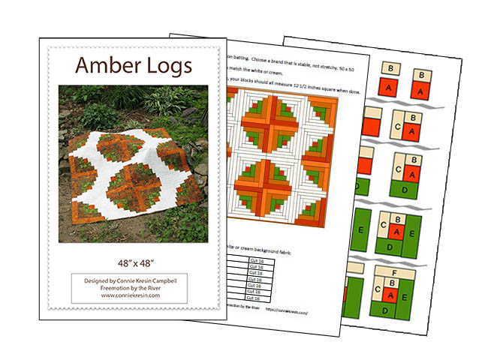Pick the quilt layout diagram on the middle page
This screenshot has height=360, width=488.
click(278, 157)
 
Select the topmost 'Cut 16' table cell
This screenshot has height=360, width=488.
click(255, 257)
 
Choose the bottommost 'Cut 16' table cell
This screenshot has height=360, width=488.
click(255, 298)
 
